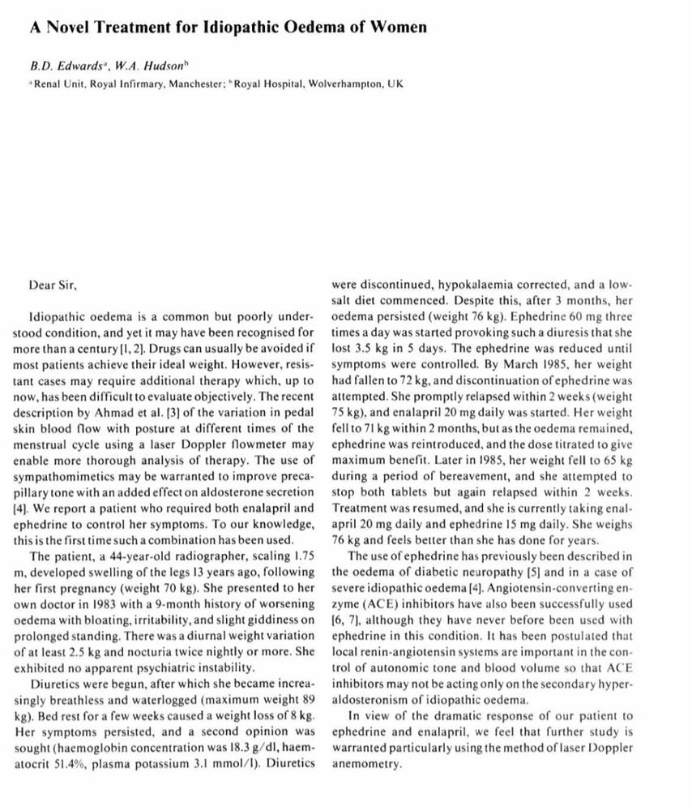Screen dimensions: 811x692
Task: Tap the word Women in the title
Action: click(x=399, y=27)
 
